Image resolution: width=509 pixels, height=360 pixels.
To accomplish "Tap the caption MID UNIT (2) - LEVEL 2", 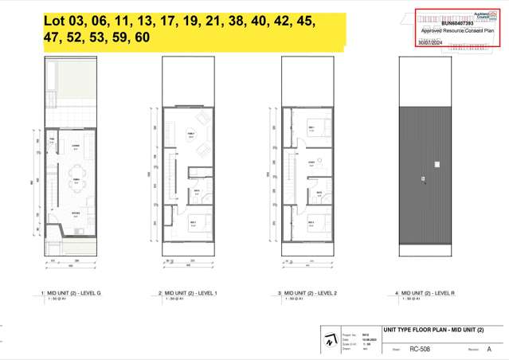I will click(313, 294).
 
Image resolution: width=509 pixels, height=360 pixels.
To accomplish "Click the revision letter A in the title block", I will click(499, 349).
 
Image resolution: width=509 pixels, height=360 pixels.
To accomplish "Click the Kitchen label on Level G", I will click(76, 213).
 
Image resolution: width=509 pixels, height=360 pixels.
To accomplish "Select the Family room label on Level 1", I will click(191, 134).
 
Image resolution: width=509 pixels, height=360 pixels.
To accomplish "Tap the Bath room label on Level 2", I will click(319, 192).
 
